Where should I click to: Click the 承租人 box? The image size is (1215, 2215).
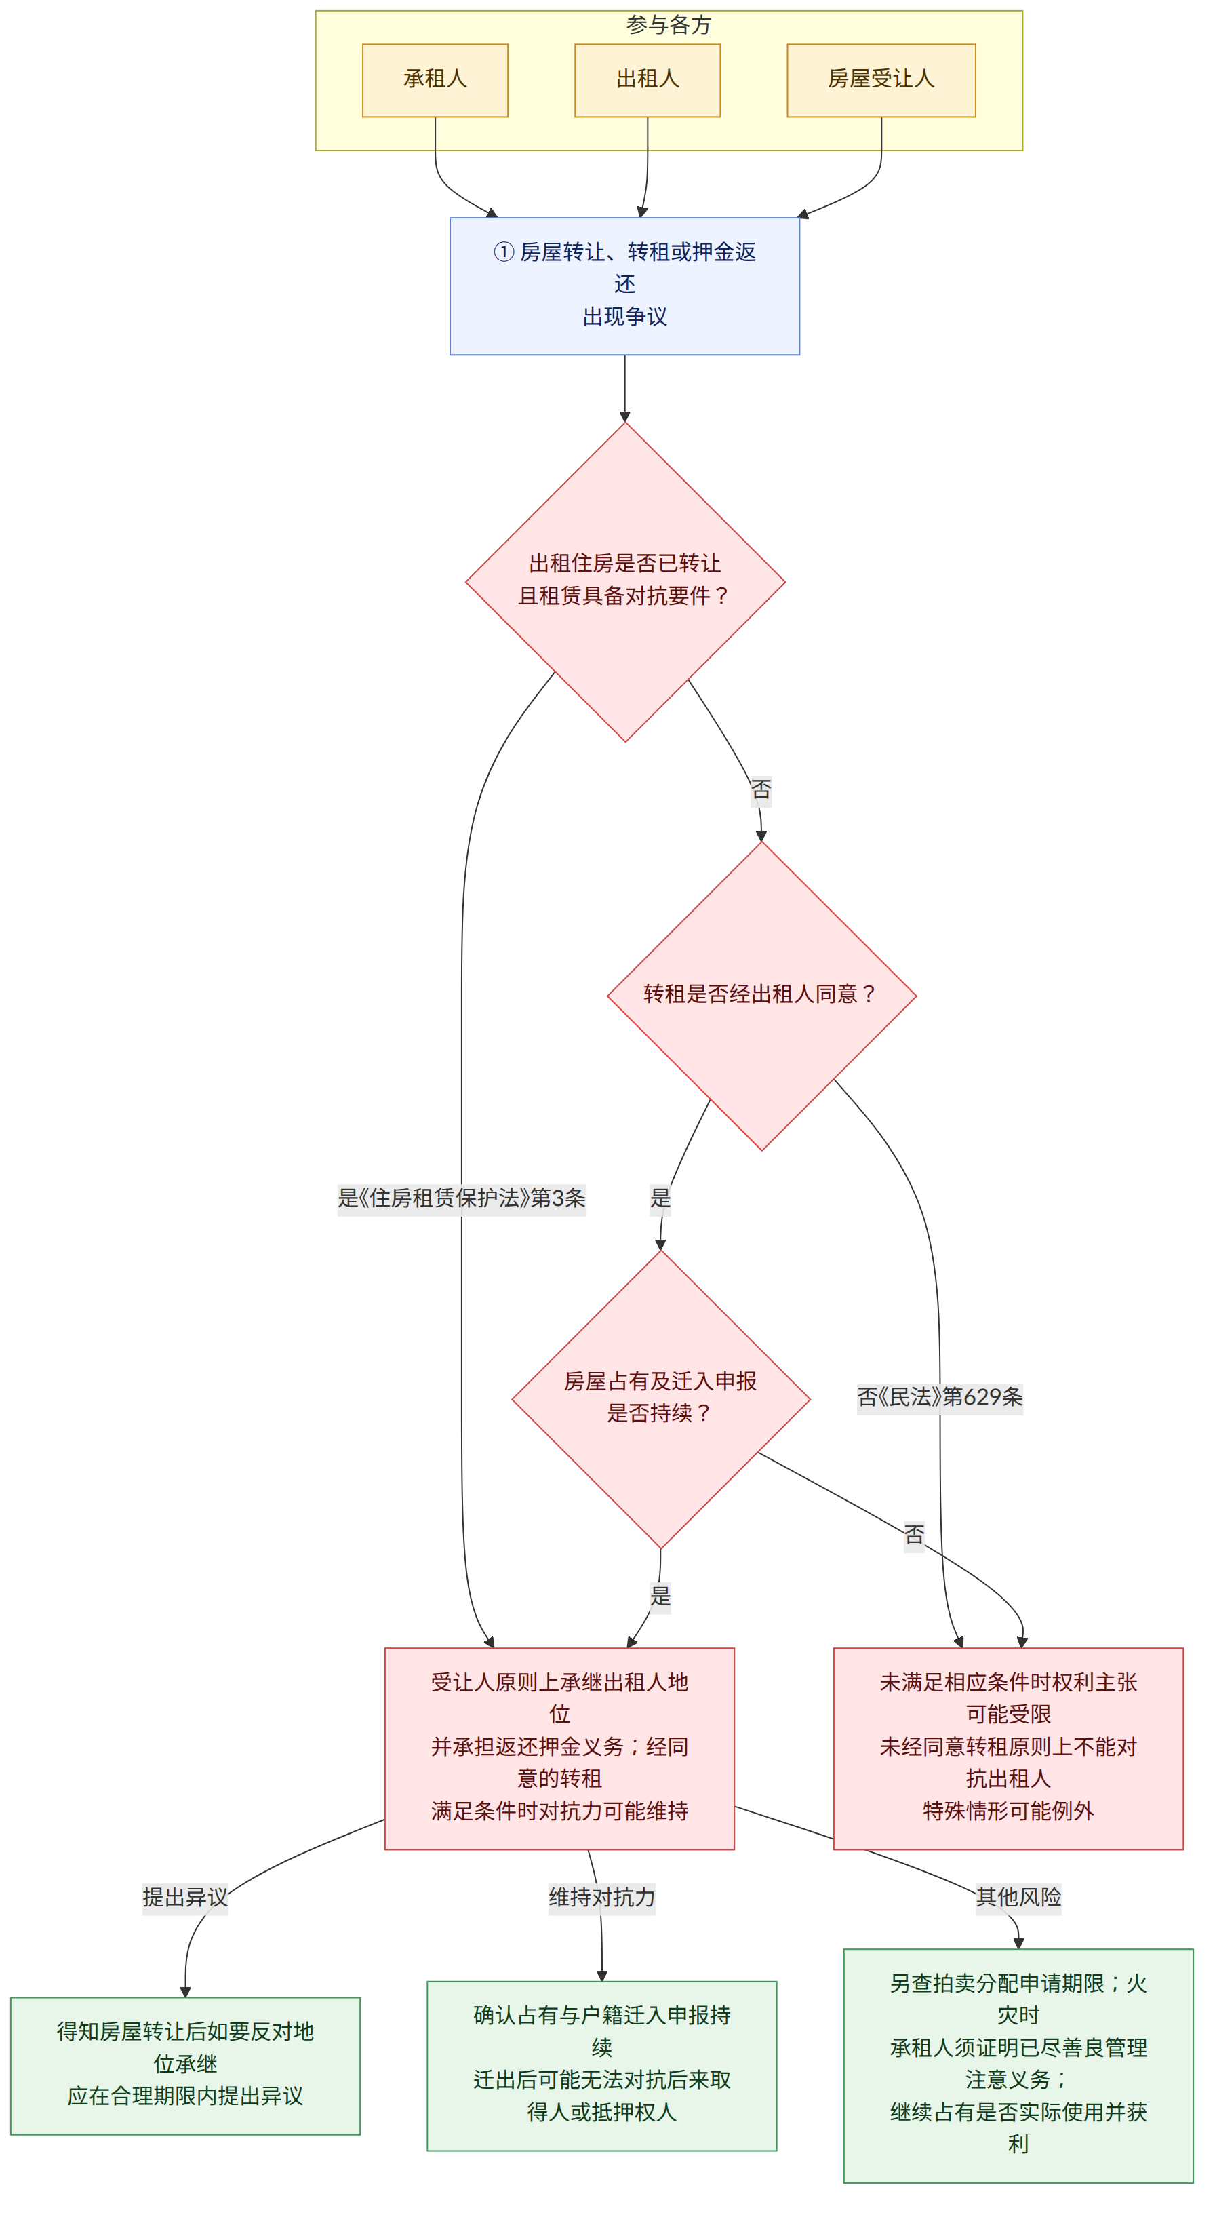435,80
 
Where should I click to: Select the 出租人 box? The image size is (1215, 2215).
648,80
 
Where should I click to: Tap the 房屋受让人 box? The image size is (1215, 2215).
881,80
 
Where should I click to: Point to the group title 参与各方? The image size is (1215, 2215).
669,25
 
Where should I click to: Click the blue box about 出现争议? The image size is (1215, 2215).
625,286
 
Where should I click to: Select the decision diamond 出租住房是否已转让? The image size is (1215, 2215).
625,582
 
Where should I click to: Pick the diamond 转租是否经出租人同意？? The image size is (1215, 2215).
762,996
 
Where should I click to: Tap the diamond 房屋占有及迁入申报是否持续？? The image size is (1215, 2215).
660,1399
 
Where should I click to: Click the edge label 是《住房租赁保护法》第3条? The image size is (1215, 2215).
462,1198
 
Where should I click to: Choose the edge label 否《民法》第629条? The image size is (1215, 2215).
940,1396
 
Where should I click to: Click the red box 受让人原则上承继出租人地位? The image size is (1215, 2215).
560,1748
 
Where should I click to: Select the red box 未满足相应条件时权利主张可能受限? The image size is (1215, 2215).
1009,1748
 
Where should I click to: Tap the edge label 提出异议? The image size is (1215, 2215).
186,1897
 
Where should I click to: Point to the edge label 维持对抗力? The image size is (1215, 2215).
602,1897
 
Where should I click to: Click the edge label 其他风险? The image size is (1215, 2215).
1019,1896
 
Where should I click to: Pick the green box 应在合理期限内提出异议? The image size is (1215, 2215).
186,2065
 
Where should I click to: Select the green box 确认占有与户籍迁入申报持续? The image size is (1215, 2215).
602,2065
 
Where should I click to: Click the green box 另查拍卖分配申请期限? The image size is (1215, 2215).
1019,2065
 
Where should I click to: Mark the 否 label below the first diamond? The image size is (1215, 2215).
761,789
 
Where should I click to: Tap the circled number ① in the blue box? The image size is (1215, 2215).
504,252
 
